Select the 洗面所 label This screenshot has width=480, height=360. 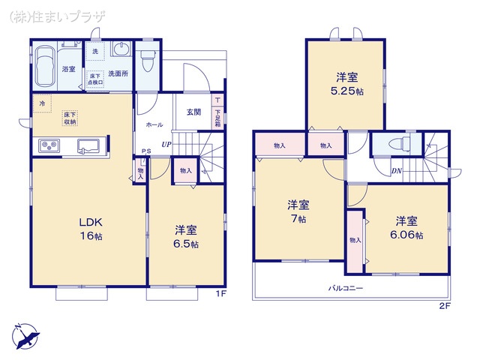[x=118, y=73]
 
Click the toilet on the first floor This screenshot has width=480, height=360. [x=147, y=54]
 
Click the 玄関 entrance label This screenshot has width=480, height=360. [x=193, y=112]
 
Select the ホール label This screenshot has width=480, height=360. [x=154, y=124]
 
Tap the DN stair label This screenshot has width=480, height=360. [x=395, y=172]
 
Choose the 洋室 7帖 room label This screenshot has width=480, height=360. [x=298, y=211]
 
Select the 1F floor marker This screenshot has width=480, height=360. [x=220, y=293]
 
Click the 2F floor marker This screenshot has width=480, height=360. [x=444, y=307]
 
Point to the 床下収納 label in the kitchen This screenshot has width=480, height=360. [x=69, y=117]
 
